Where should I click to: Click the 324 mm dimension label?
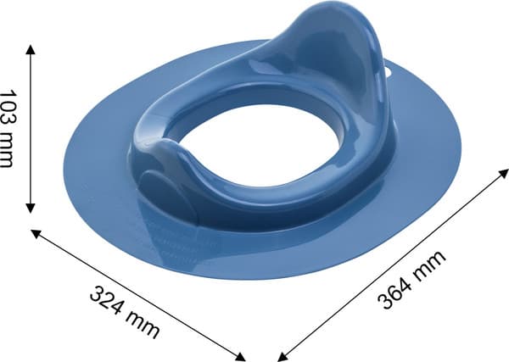[x=125, y=312]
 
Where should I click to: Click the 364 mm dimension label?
[x=411, y=280]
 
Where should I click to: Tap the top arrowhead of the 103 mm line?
[x=31, y=49]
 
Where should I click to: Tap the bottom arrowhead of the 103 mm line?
[x=31, y=209]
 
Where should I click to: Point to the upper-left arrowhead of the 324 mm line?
[x=35, y=233]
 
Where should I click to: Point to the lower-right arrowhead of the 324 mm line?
[x=240, y=357]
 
